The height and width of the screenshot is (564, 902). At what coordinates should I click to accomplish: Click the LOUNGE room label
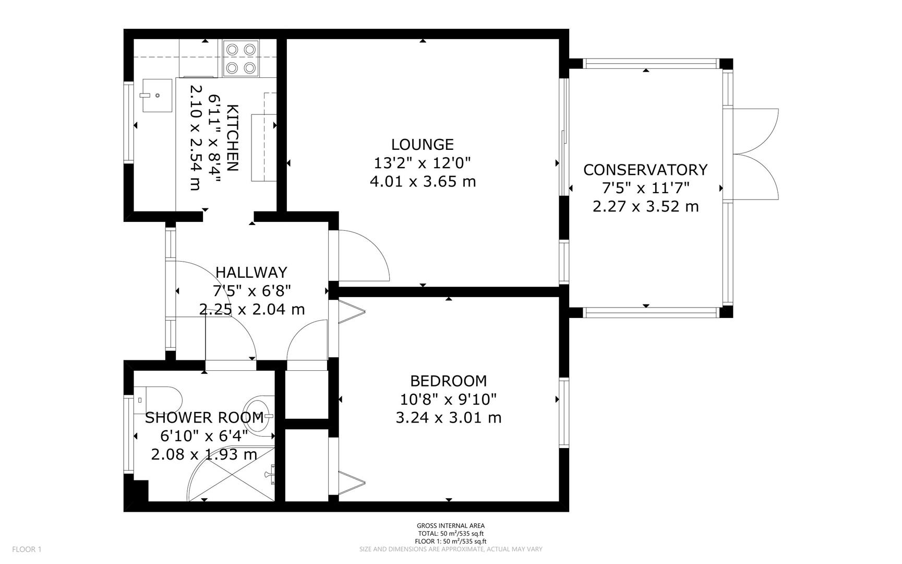pos(423,144)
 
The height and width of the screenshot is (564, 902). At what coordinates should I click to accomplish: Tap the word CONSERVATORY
pos(645,170)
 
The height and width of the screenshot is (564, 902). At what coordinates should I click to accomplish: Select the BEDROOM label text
pos(449,381)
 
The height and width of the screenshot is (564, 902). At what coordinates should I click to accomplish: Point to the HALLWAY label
pos(251,272)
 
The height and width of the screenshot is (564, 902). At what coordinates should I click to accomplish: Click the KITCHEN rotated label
pos(233,138)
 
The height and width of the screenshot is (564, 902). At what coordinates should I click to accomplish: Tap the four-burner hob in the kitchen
pos(242,58)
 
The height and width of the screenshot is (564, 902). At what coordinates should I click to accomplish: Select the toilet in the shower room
pos(158,399)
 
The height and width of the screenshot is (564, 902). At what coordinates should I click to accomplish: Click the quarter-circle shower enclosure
pos(232,474)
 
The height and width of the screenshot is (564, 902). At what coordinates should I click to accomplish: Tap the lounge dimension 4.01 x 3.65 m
pos(423,182)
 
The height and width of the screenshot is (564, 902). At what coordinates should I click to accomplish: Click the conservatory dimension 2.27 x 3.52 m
pos(645,206)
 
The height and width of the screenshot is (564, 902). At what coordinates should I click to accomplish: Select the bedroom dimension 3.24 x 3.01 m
pos(449,418)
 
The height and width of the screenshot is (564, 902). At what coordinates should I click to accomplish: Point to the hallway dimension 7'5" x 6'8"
pos(251,290)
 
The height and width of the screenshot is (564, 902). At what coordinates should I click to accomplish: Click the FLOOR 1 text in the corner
pos(27,549)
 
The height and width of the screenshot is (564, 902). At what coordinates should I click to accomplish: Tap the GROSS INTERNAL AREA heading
pos(451,526)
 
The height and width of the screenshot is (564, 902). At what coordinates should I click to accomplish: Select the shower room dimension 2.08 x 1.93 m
pos(204,454)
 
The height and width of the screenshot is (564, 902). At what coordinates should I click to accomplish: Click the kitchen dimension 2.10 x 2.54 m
pos(195,138)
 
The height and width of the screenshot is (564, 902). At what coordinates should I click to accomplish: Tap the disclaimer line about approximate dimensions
pos(451,549)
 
